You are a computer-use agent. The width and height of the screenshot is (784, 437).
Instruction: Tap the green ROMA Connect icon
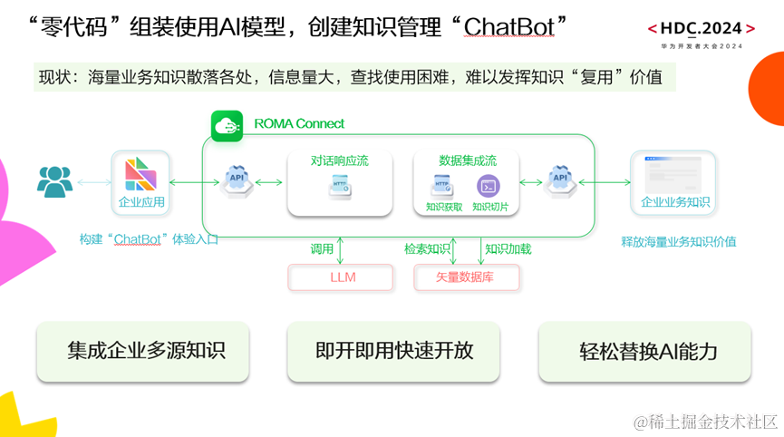[227, 126]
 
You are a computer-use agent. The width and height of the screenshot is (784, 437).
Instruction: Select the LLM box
[341, 277]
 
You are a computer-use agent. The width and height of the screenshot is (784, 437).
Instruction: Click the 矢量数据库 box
[467, 277]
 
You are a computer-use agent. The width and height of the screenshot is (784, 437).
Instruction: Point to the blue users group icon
[54, 181]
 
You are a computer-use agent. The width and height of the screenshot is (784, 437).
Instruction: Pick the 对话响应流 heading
[340, 160]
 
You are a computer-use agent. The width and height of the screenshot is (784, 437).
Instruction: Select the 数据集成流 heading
[467, 160]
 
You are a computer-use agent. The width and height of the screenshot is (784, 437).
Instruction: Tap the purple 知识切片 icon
[489, 186]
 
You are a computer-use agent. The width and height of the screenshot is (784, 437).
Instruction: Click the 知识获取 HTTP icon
[442, 186]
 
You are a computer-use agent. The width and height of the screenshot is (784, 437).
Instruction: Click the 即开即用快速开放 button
[394, 351]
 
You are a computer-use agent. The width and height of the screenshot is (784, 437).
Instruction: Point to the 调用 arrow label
[323, 248]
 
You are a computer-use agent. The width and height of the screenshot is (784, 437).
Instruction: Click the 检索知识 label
[427, 248]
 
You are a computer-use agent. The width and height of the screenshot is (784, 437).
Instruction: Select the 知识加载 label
[508, 248]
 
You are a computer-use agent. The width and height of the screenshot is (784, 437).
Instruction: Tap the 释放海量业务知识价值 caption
[678, 241]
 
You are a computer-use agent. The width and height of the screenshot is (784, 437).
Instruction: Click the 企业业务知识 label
[675, 202]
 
